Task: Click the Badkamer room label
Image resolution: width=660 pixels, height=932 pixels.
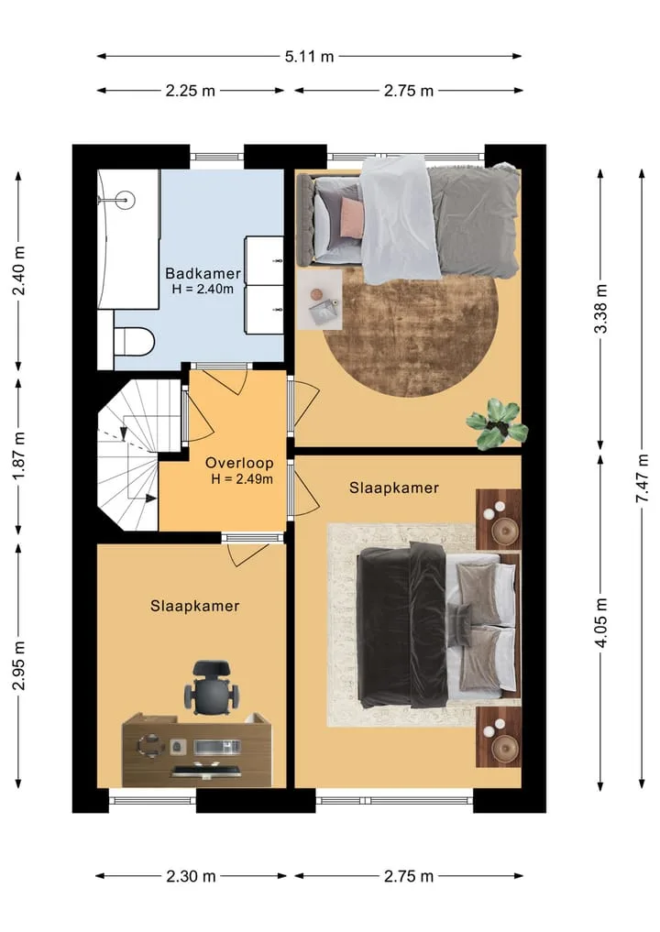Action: click(203, 273)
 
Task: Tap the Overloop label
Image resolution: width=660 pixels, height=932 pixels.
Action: click(239, 463)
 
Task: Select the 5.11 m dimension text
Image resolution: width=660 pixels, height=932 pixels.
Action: click(309, 57)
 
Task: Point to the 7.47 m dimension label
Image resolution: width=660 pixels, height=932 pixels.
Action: click(643, 478)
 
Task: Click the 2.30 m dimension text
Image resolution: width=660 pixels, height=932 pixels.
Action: click(191, 876)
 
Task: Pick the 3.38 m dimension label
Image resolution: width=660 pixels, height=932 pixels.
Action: click(601, 309)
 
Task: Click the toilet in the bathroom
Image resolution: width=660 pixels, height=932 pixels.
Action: click(134, 341)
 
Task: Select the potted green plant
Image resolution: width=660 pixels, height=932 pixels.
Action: click(497, 422)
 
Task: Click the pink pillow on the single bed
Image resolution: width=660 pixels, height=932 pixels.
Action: click(351, 217)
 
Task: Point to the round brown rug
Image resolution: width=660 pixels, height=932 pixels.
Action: click(411, 333)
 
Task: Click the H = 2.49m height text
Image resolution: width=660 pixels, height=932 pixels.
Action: click(242, 479)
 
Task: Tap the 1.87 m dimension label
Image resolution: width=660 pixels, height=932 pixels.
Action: click(19, 456)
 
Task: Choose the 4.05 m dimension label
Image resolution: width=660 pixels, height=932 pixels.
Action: click(601, 622)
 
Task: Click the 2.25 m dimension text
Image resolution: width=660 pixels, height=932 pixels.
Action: click(191, 91)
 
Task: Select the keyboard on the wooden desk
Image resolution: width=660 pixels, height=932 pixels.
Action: click(206, 773)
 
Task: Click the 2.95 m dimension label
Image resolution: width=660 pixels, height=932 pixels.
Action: click(19, 664)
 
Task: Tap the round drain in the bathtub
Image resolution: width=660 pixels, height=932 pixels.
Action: click(126, 200)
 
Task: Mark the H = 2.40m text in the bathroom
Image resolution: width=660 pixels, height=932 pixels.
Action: click(203, 290)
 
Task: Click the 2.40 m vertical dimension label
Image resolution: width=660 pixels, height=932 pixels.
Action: click(19, 270)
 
